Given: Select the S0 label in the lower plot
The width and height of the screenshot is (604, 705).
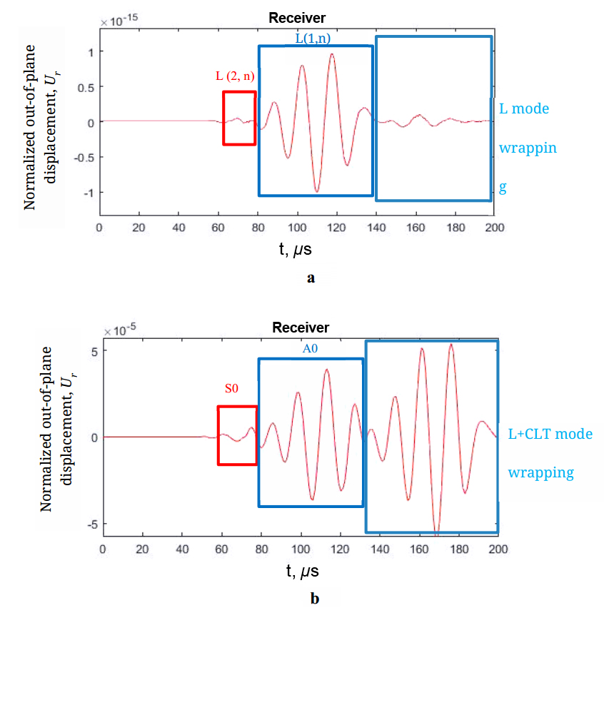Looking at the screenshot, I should point(231,389).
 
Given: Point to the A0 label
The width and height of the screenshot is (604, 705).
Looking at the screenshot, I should point(310,348).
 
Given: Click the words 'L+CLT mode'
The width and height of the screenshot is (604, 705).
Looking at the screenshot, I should point(550,433).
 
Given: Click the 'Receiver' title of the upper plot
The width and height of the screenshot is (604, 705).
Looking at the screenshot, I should point(297,19).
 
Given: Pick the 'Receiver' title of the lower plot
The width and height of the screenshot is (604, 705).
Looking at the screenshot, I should point(301,328).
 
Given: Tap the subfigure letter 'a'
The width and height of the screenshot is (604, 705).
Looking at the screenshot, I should point(310,278).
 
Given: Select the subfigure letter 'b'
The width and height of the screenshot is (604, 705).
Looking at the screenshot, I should point(315,599).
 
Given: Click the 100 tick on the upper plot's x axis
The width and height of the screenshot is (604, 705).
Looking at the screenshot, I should point(296,227).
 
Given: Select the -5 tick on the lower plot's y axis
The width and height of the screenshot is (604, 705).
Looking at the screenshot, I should point(91,524).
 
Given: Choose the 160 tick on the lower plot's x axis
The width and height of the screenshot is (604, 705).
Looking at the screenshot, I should point(418,549).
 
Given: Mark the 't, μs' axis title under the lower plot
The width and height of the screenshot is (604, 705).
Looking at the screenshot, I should point(301,571).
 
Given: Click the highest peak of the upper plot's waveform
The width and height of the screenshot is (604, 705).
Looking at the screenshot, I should point(332,54).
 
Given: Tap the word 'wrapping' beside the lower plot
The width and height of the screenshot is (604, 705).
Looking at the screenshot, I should point(540,472).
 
